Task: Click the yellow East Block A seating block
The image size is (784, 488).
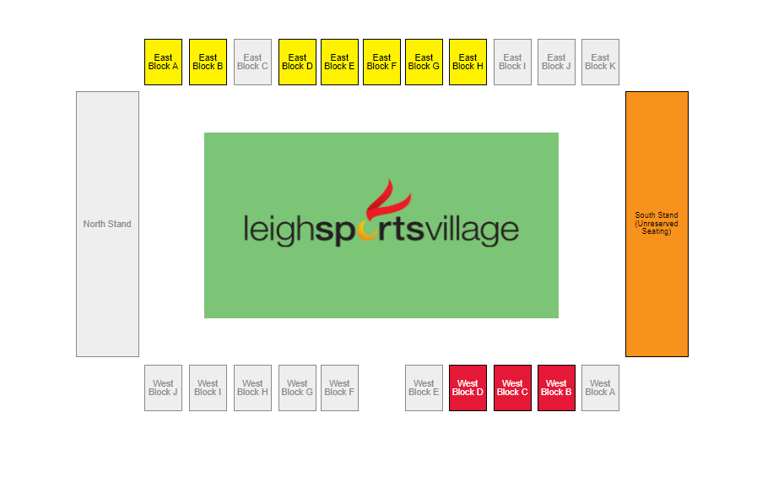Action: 163,62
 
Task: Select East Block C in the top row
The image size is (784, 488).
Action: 252,62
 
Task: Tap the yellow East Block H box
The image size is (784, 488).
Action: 468,62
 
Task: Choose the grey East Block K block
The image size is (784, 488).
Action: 600,62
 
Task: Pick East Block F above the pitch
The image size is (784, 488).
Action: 381,62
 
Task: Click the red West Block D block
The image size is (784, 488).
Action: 468,388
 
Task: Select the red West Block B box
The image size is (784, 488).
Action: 556,388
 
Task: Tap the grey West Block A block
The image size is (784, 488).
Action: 600,388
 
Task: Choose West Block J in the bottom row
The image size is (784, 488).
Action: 163,388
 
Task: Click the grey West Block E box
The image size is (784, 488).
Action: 424,388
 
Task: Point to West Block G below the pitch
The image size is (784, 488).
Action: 297,388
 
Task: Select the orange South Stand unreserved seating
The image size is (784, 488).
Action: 657,224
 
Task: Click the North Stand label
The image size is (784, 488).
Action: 107,224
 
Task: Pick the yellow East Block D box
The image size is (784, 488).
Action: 297,62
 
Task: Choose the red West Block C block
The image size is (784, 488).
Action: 512,388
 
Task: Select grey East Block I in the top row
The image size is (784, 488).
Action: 512,62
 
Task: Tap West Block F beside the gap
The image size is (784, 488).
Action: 339,388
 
